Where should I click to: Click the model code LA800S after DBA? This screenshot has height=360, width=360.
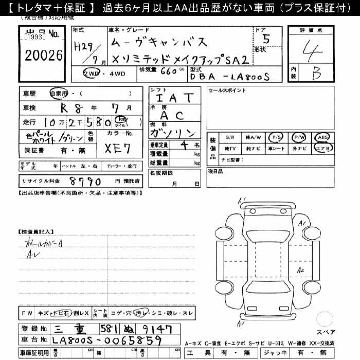(250, 76)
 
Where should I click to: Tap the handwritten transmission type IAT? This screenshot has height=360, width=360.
(174, 97)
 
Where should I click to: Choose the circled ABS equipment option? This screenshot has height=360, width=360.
(323, 137)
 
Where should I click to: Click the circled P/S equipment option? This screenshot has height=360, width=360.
(277, 137)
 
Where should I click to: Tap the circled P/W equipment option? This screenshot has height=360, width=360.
(299, 137)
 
